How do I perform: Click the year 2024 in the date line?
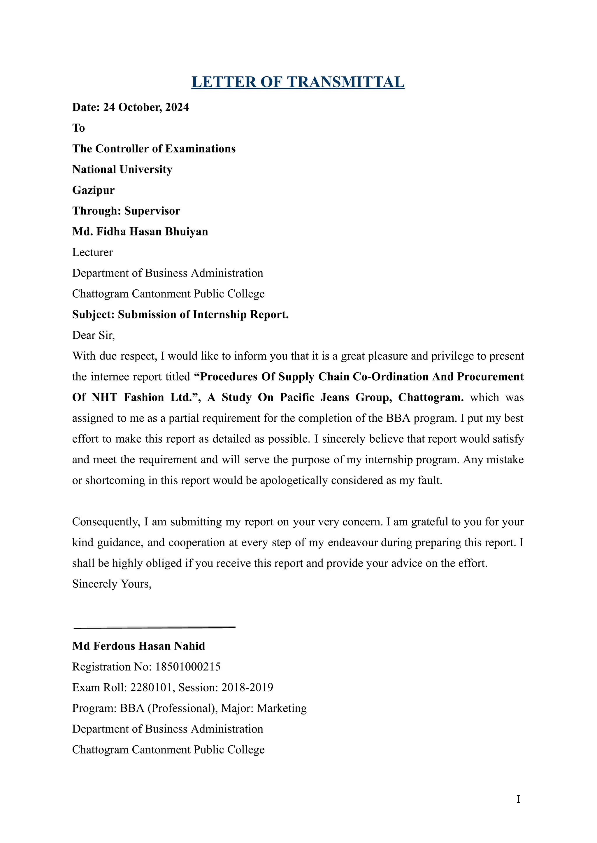point(177,107)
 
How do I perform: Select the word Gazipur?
point(93,190)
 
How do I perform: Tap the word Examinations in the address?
point(200,149)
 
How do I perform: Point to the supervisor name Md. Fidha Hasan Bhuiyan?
point(140,232)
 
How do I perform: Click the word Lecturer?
point(92,252)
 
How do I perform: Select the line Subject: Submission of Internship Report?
point(180,315)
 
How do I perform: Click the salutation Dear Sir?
point(93,335)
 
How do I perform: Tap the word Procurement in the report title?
point(490,377)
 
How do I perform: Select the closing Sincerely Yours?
point(111,584)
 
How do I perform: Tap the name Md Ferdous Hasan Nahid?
point(138,646)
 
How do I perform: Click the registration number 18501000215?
point(188,667)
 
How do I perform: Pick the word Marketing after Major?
point(282,708)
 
